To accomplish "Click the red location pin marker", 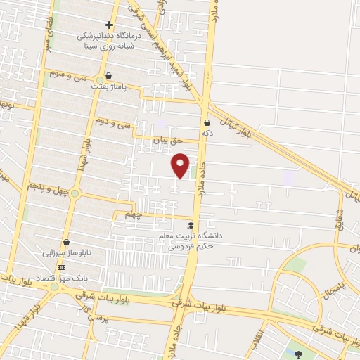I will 181,165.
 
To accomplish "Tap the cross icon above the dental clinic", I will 108,25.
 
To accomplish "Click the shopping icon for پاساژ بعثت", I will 108,75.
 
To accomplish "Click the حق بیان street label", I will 167,141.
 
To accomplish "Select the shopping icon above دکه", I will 207,122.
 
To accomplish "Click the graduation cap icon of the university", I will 190,224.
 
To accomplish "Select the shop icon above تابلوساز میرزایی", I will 65,241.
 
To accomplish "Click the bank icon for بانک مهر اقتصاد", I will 61,267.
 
